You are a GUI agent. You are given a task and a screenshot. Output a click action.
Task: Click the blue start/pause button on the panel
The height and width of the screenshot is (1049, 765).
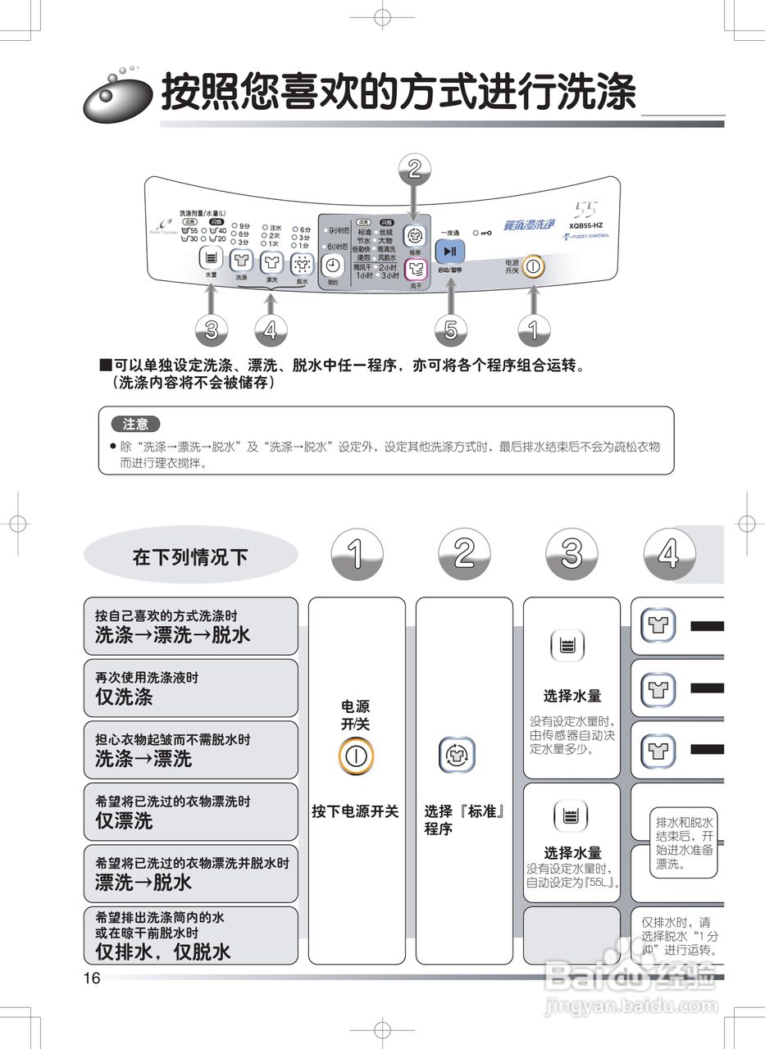tap(449, 251)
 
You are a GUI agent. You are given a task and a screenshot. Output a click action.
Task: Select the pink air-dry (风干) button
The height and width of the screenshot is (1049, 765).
tap(416, 268)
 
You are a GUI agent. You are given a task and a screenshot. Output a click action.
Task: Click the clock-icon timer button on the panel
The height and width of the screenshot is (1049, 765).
tap(332, 265)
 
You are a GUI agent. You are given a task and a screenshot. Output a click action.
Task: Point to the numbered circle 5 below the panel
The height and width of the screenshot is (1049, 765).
tap(450, 329)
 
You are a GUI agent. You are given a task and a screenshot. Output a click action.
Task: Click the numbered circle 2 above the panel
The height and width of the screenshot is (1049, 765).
tap(415, 169)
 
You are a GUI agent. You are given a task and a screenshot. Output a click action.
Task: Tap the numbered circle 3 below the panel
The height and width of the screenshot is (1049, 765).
tap(212, 329)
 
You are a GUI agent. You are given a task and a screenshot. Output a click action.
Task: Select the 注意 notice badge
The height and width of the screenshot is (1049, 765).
tap(136, 425)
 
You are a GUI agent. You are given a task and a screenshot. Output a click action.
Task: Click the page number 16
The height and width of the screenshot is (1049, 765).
tap(91, 978)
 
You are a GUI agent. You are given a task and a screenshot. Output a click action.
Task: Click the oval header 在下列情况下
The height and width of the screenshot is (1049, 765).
tap(190, 557)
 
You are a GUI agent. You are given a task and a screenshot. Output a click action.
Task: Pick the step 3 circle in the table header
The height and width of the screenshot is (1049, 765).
tap(571, 554)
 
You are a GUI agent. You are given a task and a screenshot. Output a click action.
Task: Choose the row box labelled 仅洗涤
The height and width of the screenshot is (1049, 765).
tap(190, 688)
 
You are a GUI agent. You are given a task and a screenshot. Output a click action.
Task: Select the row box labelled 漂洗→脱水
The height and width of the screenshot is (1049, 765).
tap(190, 874)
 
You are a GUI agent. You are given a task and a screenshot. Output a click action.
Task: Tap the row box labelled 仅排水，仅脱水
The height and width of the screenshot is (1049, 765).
tap(190, 935)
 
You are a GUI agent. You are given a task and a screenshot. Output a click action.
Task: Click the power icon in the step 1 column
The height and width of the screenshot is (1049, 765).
tap(356, 756)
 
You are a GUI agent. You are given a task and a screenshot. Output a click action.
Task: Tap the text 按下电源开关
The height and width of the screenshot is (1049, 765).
tap(356, 811)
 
